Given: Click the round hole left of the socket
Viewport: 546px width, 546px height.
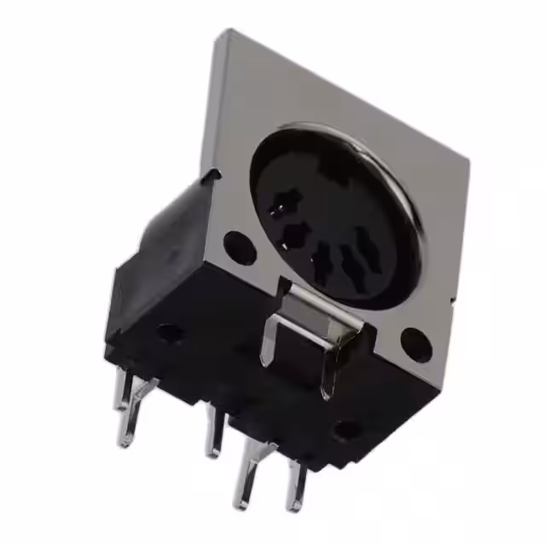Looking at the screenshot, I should (x=239, y=247).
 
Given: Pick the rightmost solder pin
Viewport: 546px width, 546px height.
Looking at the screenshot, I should (x=296, y=486).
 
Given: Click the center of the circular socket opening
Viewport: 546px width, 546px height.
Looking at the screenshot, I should (x=335, y=213).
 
